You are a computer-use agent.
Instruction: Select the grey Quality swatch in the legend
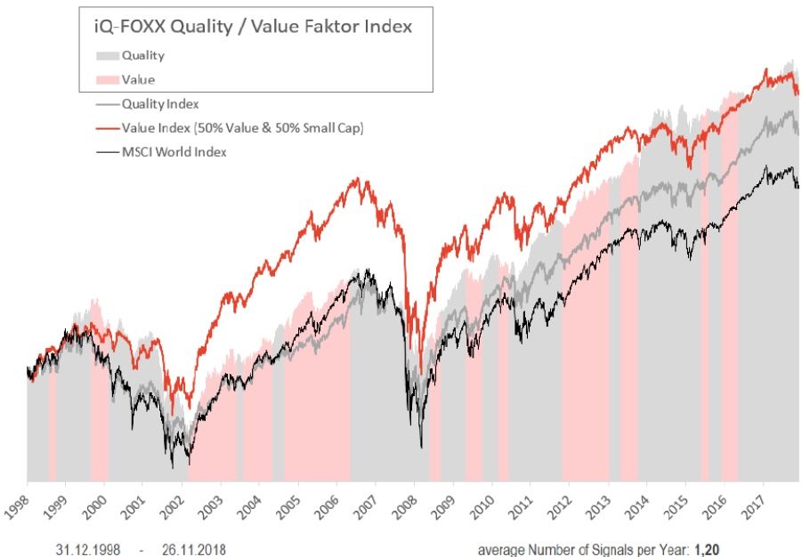click(108, 55)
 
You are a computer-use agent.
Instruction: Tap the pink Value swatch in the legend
click(108, 79)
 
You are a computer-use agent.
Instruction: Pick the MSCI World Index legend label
click(174, 152)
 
